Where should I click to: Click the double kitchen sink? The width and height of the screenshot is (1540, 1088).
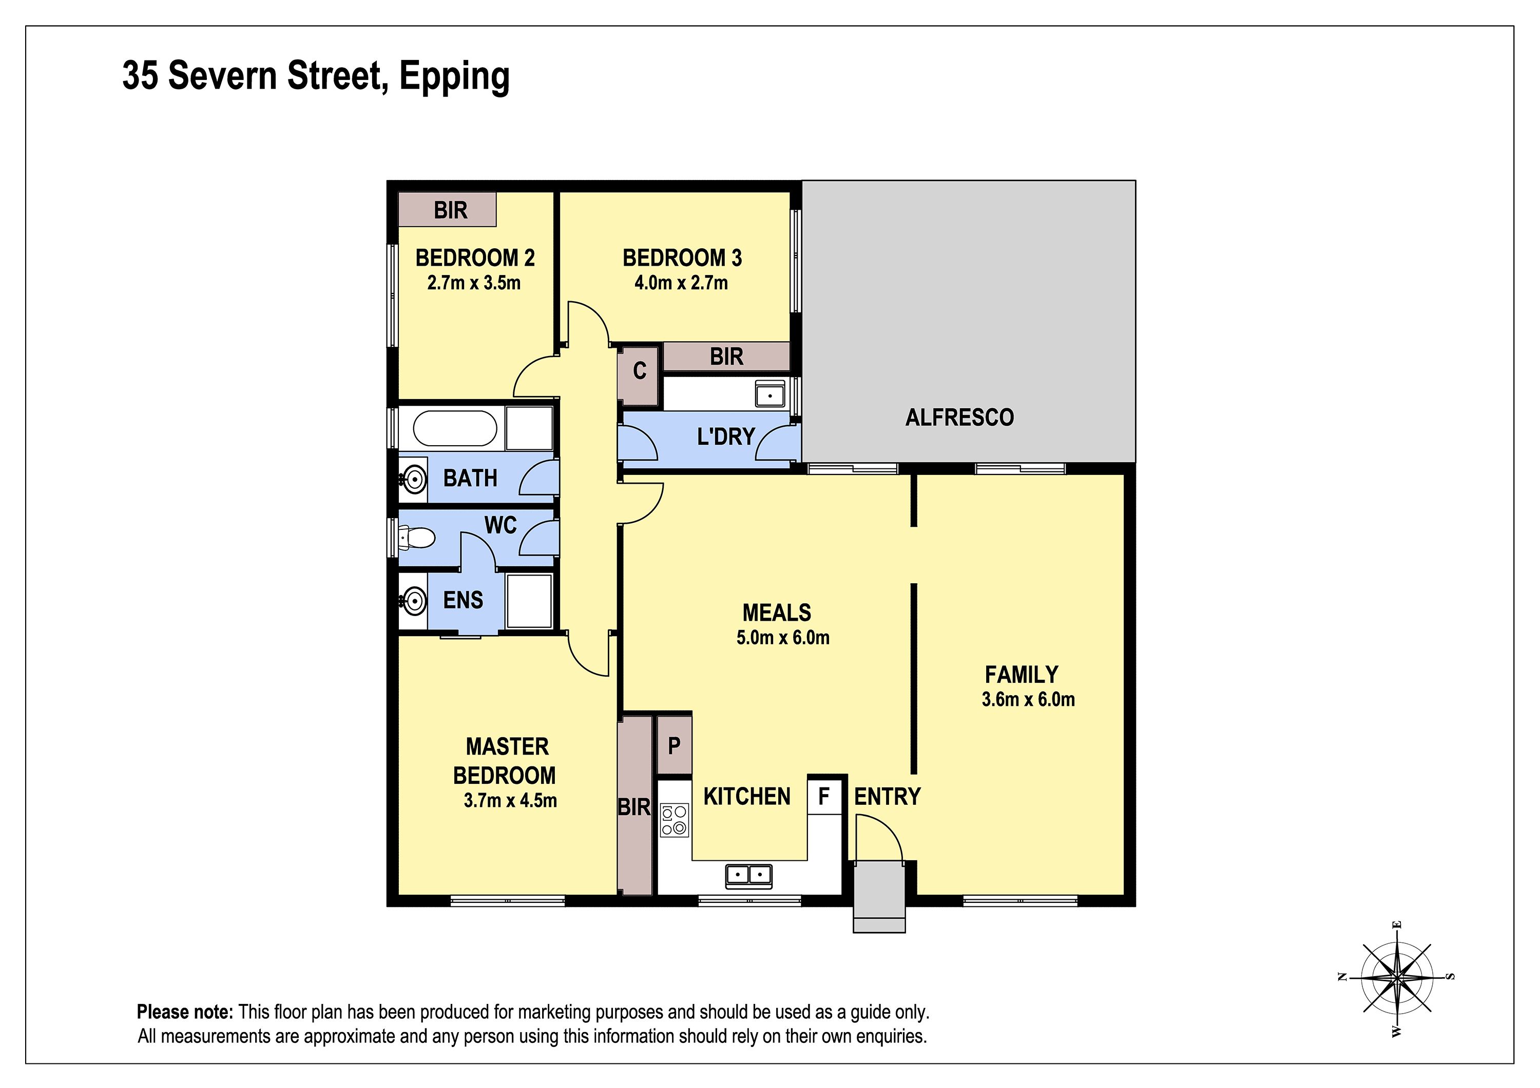tap(748, 875)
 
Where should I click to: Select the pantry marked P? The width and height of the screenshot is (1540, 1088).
tap(674, 745)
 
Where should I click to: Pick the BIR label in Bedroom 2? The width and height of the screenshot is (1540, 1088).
tap(450, 210)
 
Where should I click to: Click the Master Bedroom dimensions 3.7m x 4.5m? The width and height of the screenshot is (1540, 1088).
tap(510, 800)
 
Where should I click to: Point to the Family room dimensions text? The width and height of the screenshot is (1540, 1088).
tap(1028, 699)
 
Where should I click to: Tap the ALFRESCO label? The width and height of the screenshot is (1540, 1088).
tap(960, 418)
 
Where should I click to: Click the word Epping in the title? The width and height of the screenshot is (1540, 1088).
tap(455, 76)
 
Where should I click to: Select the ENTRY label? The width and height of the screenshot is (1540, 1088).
tap(888, 797)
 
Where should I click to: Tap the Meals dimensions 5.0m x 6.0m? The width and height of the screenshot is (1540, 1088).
tap(783, 638)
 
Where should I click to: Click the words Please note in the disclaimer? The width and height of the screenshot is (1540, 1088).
tap(185, 1012)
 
